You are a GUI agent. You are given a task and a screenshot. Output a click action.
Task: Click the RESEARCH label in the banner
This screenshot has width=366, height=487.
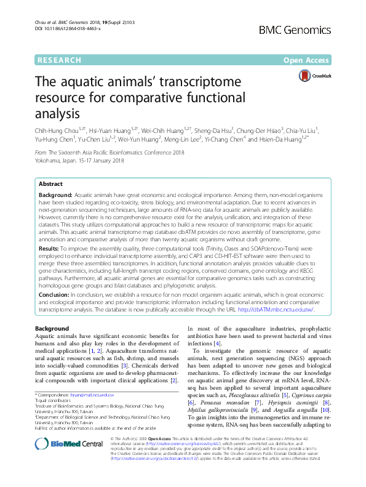pos(59,60)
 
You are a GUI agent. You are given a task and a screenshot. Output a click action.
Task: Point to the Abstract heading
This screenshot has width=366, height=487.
pos(50,184)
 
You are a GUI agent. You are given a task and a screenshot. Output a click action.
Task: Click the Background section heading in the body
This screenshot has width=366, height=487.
pos(52,329)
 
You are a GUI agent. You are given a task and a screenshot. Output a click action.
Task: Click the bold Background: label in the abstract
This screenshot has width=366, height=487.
pos(56,193)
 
